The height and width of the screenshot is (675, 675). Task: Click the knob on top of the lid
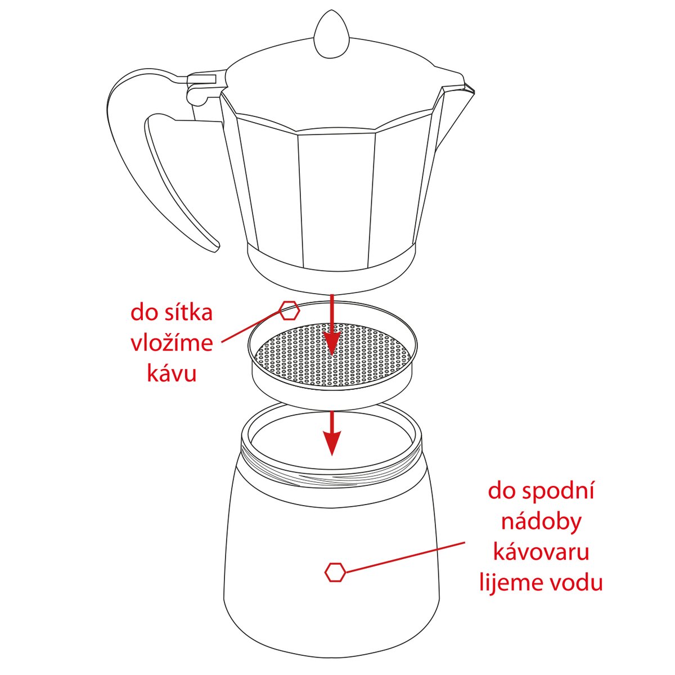pyautogui.click(x=331, y=35)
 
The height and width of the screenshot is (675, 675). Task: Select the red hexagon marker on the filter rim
pyautogui.click(x=289, y=310)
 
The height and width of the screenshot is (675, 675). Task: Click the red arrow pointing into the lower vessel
pyautogui.click(x=331, y=433)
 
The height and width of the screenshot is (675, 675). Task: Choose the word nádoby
pyautogui.click(x=542, y=521)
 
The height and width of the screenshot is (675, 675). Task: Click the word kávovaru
pyautogui.click(x=541, y=552)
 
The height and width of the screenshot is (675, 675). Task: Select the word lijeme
pyautogui.click(x=508, y=583)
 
